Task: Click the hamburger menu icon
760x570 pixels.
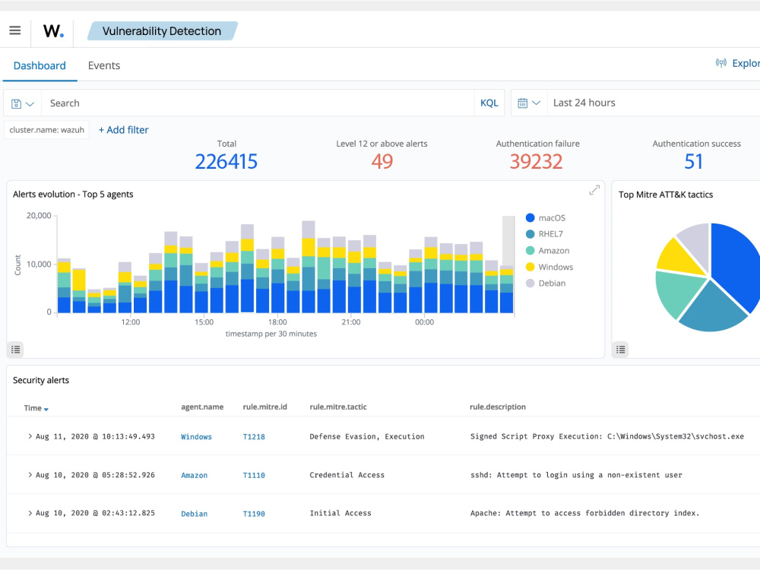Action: [15, 30]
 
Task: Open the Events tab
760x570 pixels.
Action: [103, 65]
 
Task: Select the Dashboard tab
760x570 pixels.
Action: [40, 65]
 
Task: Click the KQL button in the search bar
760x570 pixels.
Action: [489, 103]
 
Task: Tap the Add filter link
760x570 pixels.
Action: [124, 130]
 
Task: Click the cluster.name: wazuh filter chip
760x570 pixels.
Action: [46, 130]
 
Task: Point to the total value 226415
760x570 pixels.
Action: [226, 161]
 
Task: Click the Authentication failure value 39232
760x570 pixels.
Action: [536, 161]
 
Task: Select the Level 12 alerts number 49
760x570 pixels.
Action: [382, 161]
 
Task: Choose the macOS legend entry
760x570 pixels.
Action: [545, 218]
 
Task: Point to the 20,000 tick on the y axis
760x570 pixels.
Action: [39, 216]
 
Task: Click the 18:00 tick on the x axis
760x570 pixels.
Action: [277, 321]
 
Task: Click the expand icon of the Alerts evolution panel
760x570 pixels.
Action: [594, 191]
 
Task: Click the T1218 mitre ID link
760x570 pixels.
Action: [254, 437]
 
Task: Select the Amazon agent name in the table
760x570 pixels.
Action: [195, 476]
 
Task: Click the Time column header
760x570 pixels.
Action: [36, 408]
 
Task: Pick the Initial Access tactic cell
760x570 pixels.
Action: [340, 513]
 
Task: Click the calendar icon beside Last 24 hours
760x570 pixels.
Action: [523, 103]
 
